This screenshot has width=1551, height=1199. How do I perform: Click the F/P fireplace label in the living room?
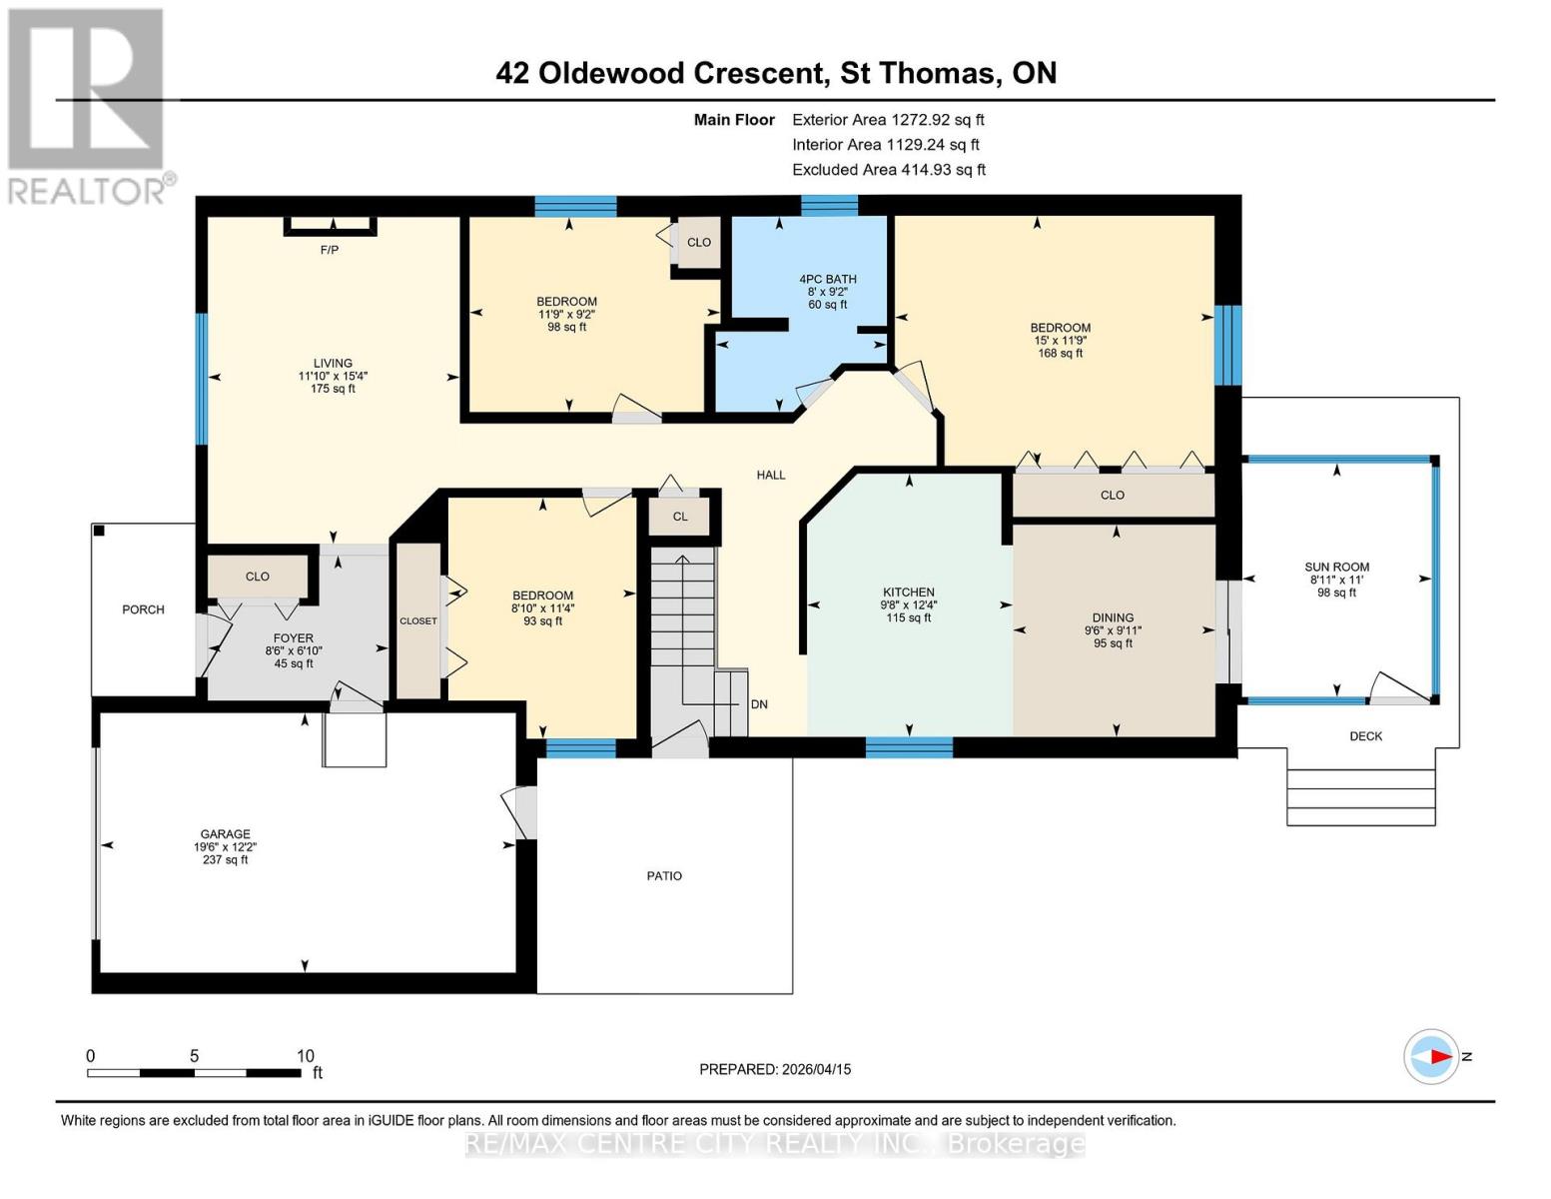coord(329,250)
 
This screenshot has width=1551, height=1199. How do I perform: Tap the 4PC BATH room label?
coord(827,280)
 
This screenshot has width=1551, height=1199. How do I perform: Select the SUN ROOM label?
coord(1336,567)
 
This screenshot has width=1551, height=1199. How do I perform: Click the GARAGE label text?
coord(225,834)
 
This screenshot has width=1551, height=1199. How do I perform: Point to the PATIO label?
coord(664,876)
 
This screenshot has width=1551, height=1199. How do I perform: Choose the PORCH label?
coord(143,609)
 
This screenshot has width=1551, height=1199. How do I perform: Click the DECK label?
coord(1365,736)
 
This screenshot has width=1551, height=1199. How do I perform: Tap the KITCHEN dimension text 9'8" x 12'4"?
coord(908,604)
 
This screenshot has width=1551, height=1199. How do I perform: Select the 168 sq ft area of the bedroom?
coord(1060,354)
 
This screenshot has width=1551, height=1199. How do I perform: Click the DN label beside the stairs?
coord(759,704)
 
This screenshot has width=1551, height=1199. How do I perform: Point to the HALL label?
coord(770,476)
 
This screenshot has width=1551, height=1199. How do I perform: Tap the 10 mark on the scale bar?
coord(305,1056)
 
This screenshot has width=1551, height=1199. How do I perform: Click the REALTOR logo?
coord(88,105)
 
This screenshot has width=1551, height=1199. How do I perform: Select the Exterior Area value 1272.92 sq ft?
coord(937,120)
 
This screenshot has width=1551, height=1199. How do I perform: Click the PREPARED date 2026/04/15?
coord(814,1069)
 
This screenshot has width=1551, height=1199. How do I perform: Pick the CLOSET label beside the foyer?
coord(417,621)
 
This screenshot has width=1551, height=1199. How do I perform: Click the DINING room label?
coord(1113,617)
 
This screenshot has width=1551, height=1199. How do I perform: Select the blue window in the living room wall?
coord(201,378)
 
